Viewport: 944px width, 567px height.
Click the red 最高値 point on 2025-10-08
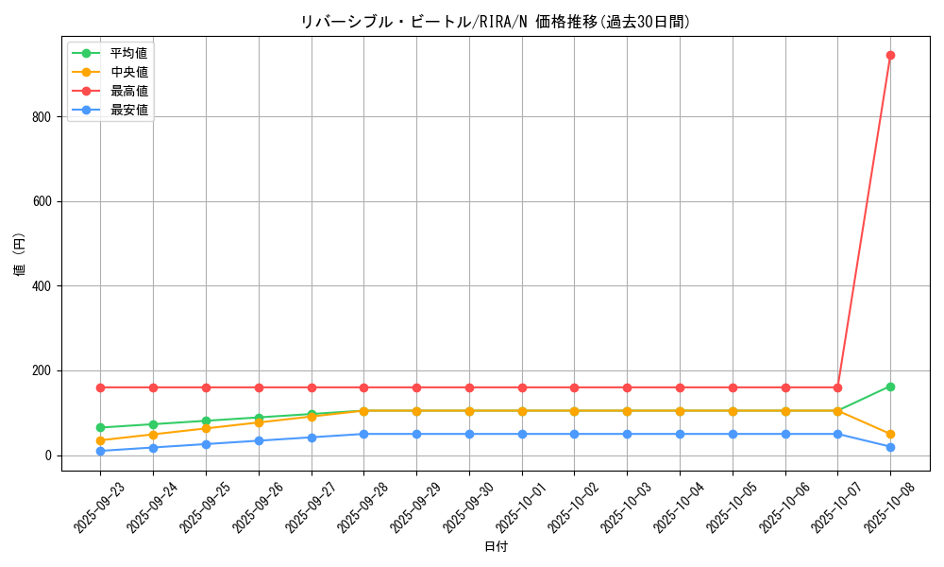[890, 55]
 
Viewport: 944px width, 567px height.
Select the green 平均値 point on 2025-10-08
[890, 387]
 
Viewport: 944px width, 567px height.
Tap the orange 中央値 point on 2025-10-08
[890, 435]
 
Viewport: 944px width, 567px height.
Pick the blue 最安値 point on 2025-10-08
[890, 447]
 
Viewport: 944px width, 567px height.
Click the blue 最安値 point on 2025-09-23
[100, 451]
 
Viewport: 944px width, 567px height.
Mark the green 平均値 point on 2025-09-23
[100, 428]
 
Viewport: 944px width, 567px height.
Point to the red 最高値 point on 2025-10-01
[522, 387]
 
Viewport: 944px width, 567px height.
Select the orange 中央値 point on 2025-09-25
[206, 428]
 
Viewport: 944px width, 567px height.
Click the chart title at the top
[496, 22]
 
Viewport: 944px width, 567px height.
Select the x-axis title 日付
[496, 547]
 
